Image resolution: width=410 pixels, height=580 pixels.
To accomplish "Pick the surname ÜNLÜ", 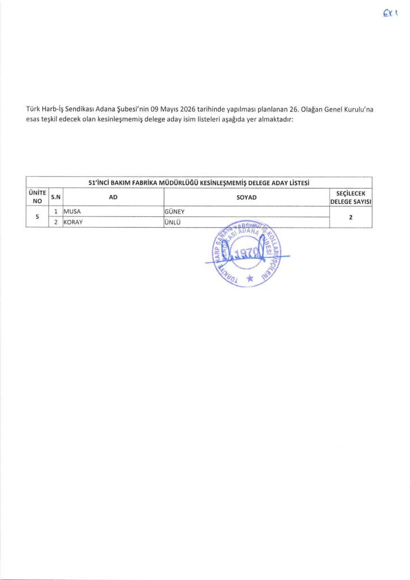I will [172, 222].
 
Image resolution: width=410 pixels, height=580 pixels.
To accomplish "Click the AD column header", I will [113, 197].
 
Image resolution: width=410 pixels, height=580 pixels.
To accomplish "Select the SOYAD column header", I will [246, 197].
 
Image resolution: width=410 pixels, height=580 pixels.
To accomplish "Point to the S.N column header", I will [55, 197].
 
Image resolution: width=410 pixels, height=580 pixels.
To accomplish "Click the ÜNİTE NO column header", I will [37, 197].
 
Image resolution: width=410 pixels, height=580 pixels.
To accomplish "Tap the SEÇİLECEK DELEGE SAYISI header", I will [351, 197].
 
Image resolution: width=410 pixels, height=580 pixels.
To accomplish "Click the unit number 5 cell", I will [37, 217].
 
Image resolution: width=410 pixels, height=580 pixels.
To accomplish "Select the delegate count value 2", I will [351, 217].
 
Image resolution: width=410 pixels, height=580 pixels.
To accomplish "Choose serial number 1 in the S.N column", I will [56, 212].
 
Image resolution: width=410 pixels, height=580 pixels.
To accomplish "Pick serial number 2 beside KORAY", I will [56, 222].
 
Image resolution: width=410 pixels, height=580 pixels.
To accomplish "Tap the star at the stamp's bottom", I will [249, 278].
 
